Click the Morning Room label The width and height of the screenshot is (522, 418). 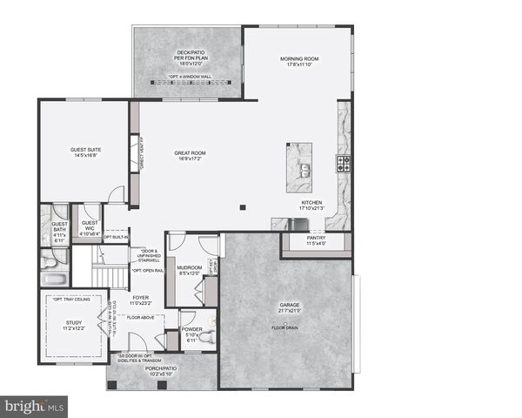click(x=298, y=59)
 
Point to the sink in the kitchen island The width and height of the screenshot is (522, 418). click(x=304, y=170)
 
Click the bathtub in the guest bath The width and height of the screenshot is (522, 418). click(x=54, y=280)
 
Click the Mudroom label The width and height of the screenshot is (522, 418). click(x=190, y=269)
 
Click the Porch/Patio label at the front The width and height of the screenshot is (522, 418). click(x=159, y=371)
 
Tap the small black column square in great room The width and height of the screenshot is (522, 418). click(x=244, y=207)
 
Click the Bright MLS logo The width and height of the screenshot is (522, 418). click(x=35, y=406)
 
